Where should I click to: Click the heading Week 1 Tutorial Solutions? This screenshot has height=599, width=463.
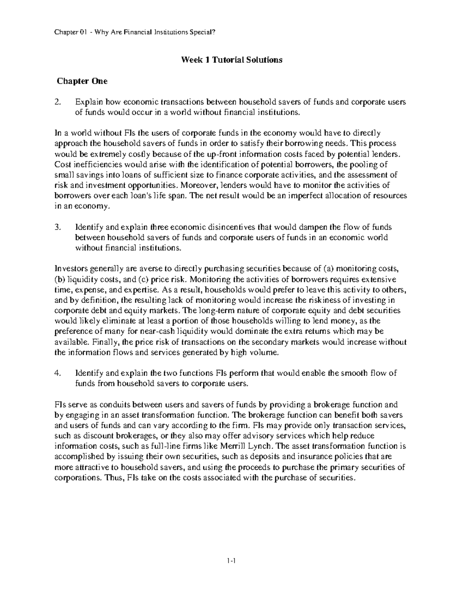(231, 60)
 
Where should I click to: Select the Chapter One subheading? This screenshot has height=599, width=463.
(82, 81)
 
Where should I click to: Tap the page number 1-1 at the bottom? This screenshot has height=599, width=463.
(231, 572)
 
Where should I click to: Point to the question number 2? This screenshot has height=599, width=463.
(57, 102)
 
